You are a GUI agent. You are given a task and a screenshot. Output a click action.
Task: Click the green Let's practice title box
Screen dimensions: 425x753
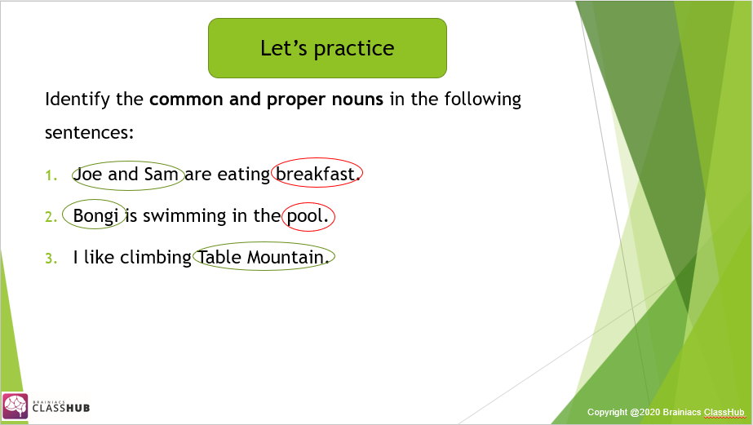(327, 48)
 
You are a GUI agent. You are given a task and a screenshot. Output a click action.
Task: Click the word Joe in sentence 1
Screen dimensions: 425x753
(87, 174)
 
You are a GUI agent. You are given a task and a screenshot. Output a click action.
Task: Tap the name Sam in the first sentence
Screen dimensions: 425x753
(162, 174)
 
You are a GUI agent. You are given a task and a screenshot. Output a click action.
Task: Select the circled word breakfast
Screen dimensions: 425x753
(316, 174)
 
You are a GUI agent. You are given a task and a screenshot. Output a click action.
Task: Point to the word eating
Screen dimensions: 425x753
(243, 175)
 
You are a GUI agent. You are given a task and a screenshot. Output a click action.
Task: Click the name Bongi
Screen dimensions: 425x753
(96, 216)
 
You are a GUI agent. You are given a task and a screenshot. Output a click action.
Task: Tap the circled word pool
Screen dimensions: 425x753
(307, 216)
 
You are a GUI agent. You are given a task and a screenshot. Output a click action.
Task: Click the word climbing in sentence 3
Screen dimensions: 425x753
(156, 258)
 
